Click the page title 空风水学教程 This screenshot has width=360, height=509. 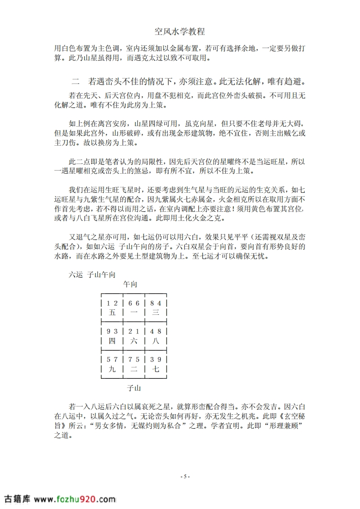click(x=180, y=31)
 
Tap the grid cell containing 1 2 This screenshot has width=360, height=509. click(x=112, y=308)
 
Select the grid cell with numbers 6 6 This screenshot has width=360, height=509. click(x=134, y=308)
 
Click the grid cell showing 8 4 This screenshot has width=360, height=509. click(x=156, y=308)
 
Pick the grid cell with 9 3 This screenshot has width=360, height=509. click(x=112, y=336)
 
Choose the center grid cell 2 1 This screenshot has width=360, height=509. click(x=134, y=336)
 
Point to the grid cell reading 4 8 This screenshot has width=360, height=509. click(x=156, y=336)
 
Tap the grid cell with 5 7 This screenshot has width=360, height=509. click(x=112, y=364)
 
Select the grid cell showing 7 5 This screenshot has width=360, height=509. click(x=134, y=364)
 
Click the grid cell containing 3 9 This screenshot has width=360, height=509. click(x=156, y=364)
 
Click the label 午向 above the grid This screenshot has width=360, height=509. click(x=130, y=284)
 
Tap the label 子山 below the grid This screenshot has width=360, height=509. click(x=133, y=388)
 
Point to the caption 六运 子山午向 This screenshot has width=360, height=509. click(x=89, y=274)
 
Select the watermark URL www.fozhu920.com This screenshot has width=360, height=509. click(x=75, y=499)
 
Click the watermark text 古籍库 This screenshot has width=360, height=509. click(x=17, y=499)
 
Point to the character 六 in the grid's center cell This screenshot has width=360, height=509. click(x=134, y=341)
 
